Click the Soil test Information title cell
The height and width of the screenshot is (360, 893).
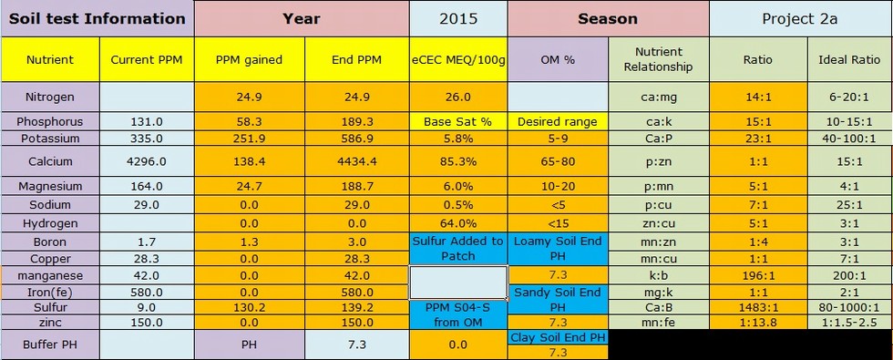click(98, 19)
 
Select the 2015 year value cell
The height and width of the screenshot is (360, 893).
click(458, 19)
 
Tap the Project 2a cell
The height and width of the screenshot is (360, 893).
click(800, 19)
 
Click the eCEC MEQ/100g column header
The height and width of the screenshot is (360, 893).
click(458, 59)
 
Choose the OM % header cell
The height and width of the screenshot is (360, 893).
click(558, 59)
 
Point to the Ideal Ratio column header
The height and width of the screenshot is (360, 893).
click(849, 59)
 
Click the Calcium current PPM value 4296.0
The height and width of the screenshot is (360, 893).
click(147, 161)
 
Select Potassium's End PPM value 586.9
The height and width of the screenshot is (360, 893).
click(357, 139)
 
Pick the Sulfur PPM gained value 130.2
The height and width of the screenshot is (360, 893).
click(250, 308)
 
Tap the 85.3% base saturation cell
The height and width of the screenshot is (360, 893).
click(458, 161)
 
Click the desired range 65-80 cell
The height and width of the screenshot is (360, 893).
click(558, 161)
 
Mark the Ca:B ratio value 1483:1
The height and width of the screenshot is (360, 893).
click(758, 308)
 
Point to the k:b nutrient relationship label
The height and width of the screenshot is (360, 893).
click(659, 275)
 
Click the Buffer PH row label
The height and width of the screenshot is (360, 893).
click(50, 345)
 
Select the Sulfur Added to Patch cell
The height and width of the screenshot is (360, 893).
click(458, 248)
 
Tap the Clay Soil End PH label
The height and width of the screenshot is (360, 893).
click(558, 336)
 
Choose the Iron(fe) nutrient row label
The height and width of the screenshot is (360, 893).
click(50, 293)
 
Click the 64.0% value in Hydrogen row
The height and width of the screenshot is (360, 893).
click(458, 223)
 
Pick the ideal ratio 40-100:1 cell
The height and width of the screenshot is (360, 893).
click(849, 139)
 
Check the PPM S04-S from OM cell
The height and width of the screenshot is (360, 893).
click(458, 314)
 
